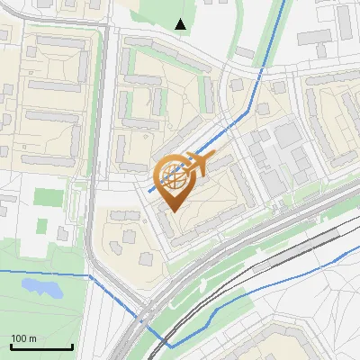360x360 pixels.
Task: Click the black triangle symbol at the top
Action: [x=181, y=24]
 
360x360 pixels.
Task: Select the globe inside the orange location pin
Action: [x=170, y=176]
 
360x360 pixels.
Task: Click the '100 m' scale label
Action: [x=22, y=338]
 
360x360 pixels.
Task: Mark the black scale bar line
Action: [x=40, y=347]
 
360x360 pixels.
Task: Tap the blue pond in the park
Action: [x=40, y=288]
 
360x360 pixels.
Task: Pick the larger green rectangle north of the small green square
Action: [x=44, y=197]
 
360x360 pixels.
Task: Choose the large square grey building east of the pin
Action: [x=288, y=135]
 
